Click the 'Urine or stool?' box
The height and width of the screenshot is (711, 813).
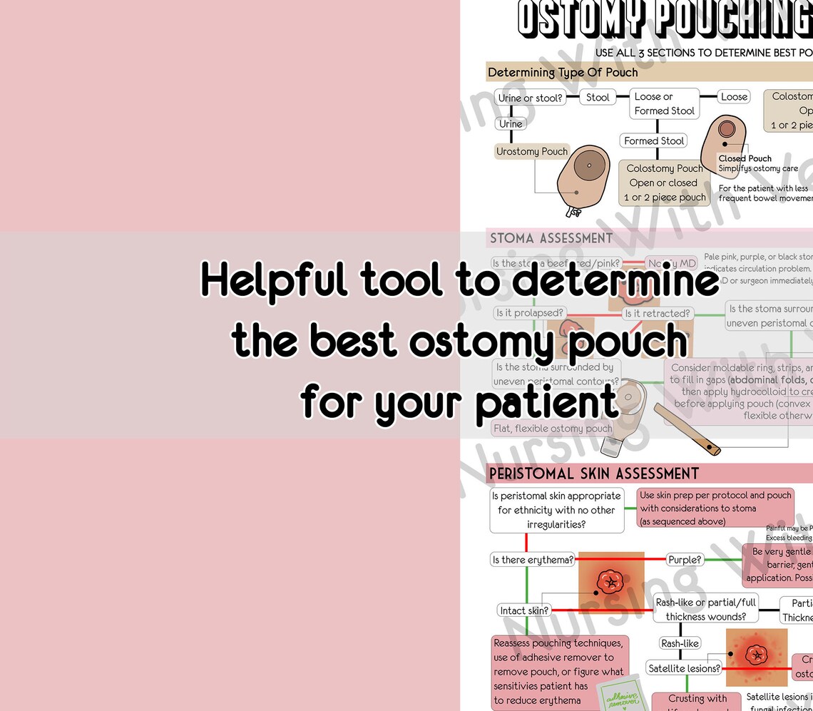(530, 98)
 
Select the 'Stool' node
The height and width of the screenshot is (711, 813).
(598, 97)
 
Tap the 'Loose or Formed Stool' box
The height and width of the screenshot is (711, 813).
(664, 103)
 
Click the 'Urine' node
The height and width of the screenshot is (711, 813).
(511, 123)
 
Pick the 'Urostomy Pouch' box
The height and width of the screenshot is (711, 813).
(532, 151)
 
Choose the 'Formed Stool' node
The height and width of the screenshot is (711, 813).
(654, 140)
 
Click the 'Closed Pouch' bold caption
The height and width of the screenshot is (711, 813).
(745, 158)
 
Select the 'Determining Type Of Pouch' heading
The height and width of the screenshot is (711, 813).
(563, 72)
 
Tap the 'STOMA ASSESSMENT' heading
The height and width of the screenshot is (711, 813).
(551, 238)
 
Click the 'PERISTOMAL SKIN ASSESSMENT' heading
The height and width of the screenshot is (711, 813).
(593, 474)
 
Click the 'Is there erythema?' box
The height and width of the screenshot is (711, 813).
(533, 560)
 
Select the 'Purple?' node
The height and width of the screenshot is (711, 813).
(685, 560)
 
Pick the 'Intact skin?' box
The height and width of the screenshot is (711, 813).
(524, 610)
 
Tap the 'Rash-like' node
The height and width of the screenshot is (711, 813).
(680, 643)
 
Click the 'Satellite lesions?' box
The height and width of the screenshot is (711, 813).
(684, 668)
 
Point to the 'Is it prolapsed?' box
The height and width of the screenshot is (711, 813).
(530, 313)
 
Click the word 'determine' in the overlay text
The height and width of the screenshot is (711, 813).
(615, 281)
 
